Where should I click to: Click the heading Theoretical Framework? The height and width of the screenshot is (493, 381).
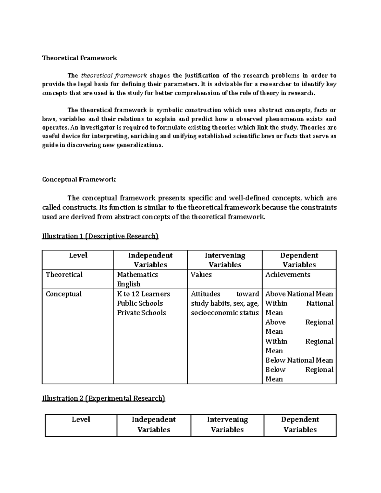point(80,58)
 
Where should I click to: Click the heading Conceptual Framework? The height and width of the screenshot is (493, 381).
point(79,180)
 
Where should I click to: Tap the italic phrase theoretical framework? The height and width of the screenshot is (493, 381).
point(114,76)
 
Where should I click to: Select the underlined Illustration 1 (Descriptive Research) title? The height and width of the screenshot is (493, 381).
point(100,236)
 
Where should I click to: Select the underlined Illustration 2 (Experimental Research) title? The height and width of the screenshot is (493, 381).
point(104,398)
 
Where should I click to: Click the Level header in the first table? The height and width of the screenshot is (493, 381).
point(78,256)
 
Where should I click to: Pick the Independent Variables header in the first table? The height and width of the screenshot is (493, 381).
point(150,260)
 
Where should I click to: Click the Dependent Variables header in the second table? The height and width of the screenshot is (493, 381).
point(300,424)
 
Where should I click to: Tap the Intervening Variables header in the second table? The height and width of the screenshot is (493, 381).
point(227,424)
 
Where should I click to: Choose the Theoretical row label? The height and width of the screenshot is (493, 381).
point(64,275)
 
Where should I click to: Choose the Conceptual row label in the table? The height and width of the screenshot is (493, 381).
point(64,294)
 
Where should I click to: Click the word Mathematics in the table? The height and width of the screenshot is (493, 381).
point(137,275)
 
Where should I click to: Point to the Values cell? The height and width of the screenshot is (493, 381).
point(201,275)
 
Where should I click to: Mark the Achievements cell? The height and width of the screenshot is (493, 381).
point(288,275)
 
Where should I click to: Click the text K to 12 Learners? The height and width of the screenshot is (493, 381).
point(144,294)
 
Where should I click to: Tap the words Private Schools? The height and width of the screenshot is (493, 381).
point(142,313)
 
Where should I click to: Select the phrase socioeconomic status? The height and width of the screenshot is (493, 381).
point(225,313)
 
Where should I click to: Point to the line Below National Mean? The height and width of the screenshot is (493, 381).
point(299,360)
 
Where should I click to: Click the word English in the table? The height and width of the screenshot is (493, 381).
point(129,284)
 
